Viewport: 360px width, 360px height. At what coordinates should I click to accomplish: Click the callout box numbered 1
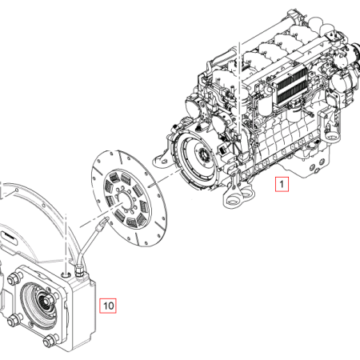tap(282, 184)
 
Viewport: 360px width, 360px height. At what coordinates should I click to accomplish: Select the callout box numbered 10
tap(108, 306)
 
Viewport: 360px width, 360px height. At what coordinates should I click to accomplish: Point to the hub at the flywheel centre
tap(204, 154)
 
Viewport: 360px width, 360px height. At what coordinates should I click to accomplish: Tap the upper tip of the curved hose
tap(106, 219)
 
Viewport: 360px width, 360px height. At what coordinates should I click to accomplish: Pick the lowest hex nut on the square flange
tap(50, 340)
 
